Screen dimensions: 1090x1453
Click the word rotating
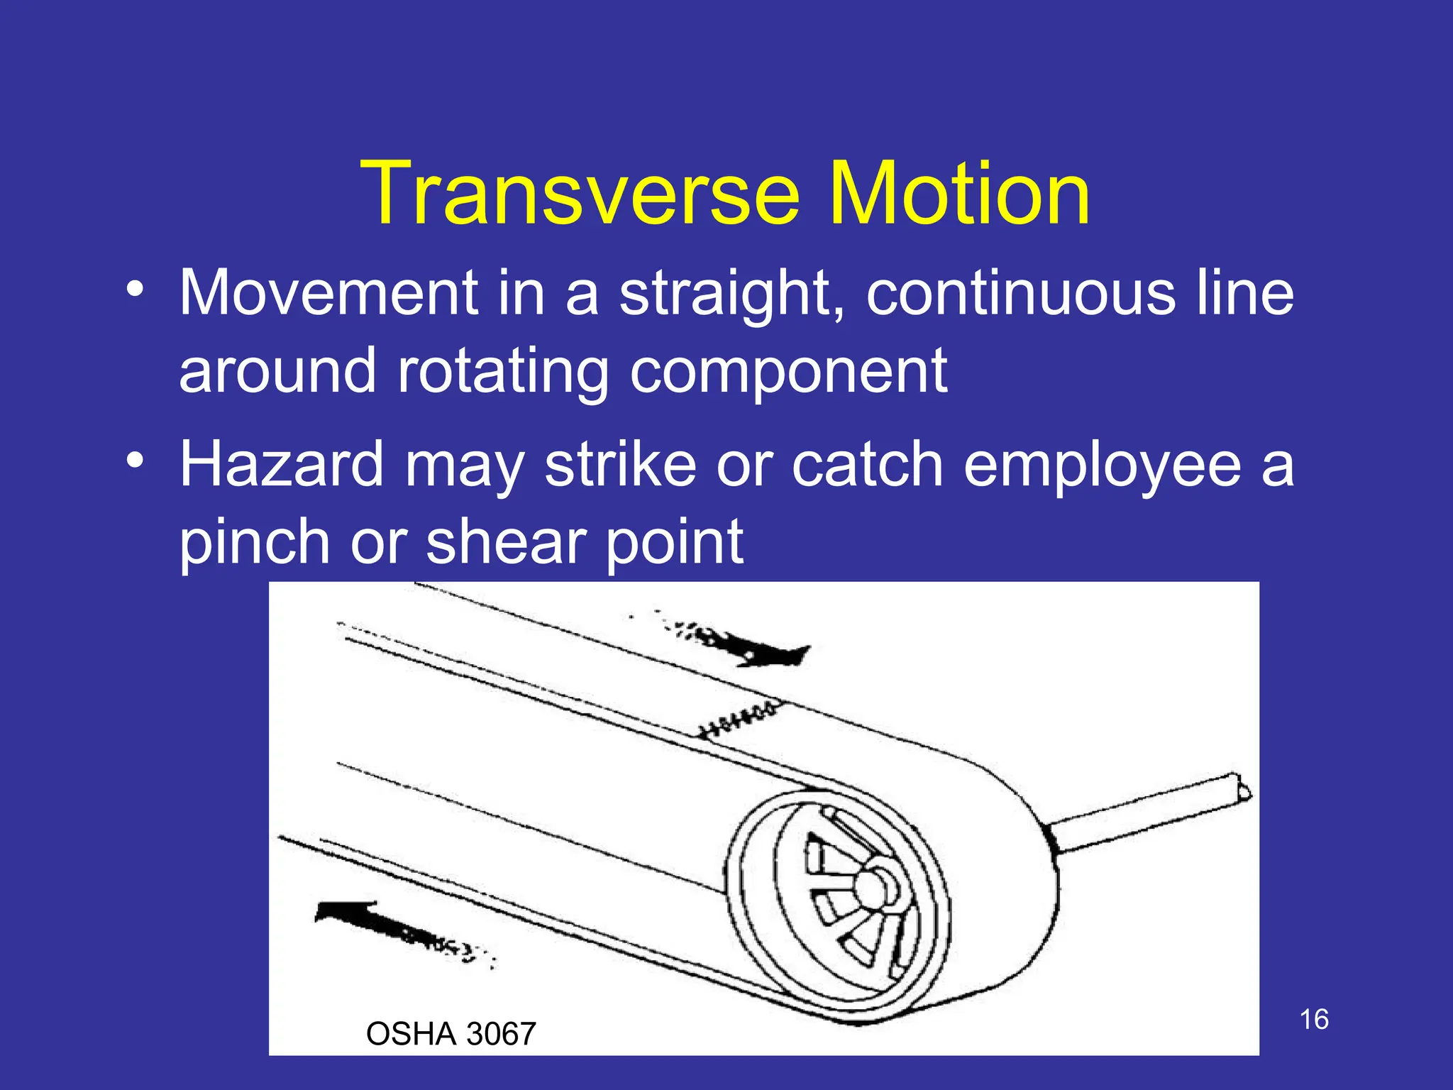[x=503, y=372]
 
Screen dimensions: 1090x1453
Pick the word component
[x=788, y=373]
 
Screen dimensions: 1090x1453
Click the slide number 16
[x=1314, y=1019]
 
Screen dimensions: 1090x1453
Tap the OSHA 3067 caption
[x=451, y=1034]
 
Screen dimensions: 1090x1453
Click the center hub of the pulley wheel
[x=871, y=886]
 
